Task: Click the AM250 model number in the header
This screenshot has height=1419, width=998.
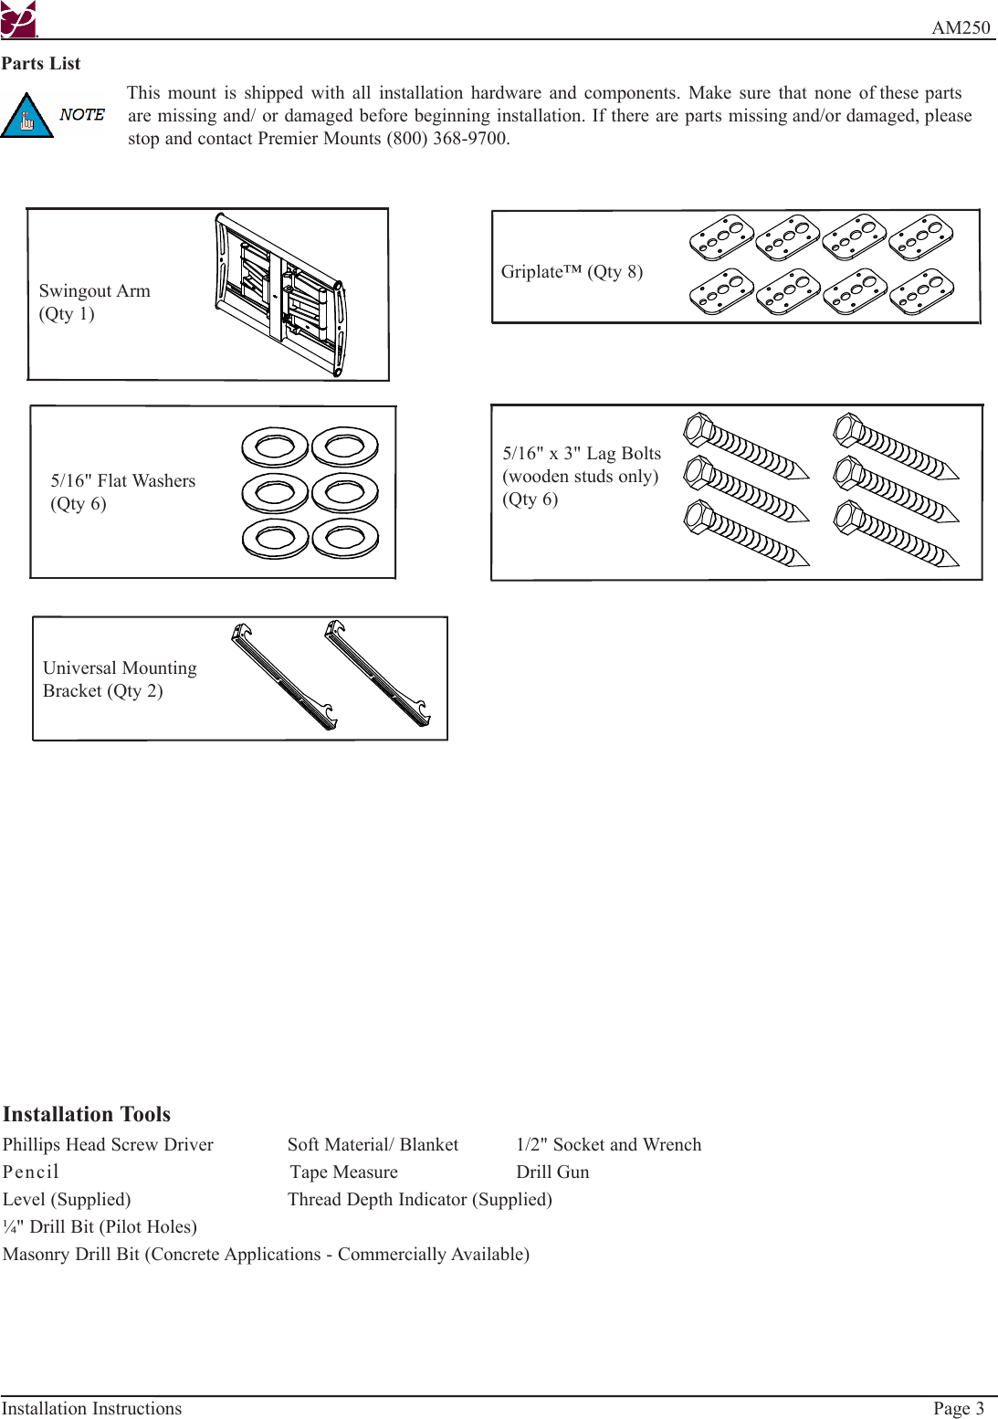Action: click(960, 27)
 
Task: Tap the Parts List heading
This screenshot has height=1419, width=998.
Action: click(41, 64)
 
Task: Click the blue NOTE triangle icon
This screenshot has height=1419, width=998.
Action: click(26, 117)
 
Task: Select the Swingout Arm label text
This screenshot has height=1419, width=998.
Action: click(94, 291)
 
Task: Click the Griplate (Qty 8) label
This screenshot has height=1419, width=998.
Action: click(572, 272)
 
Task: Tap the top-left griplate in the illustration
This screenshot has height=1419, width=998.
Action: click(721, 238)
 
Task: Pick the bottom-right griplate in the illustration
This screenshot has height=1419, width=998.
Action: click(921, 292)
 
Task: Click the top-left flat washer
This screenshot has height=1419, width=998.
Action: click(275, 447)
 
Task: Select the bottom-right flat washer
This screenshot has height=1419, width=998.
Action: click(345, 539)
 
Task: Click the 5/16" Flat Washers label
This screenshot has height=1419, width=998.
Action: click(123, 481)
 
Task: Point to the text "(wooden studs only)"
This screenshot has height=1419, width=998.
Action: click(581, 477)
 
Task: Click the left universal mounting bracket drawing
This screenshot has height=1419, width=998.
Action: click(284, 677)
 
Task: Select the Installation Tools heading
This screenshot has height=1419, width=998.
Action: click(87, 1114)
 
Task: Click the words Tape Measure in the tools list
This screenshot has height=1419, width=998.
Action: click(344, 1172)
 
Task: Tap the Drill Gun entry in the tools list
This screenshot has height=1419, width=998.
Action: click(552, 1172)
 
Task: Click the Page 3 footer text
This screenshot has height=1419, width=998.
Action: click(958, 1409)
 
